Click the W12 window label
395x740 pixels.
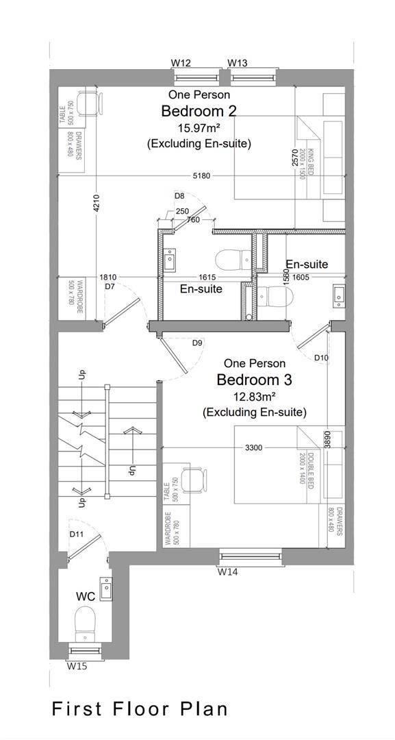(181, 63)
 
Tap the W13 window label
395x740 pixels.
(238, 63)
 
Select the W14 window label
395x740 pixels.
(228, 571)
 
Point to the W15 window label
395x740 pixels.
(77, 665)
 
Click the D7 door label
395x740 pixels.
(110, 286)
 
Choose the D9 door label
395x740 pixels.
(197, 343)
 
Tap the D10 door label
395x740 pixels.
(321, 358)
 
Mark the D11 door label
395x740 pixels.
(76, 534)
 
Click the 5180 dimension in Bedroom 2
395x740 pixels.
(201, 176)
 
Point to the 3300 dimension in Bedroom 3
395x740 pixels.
(253, 448)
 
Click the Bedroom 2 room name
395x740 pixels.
(199, 111)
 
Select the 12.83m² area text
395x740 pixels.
(255, 396)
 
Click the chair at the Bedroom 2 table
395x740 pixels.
(90, 104)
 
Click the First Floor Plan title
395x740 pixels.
(140, 708)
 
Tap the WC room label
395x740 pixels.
(85, 597)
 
